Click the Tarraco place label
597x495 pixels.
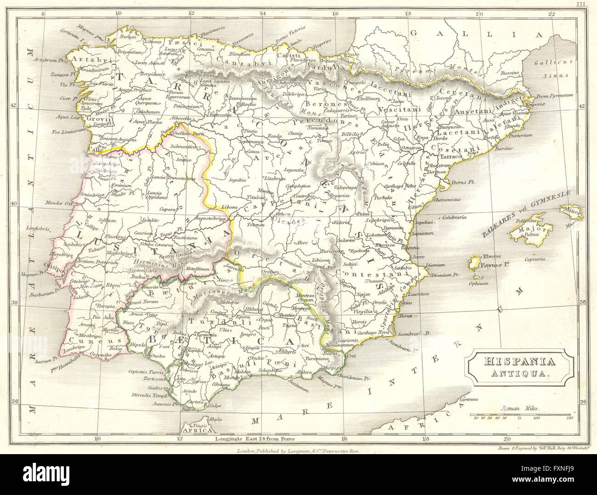coord(452,156)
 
